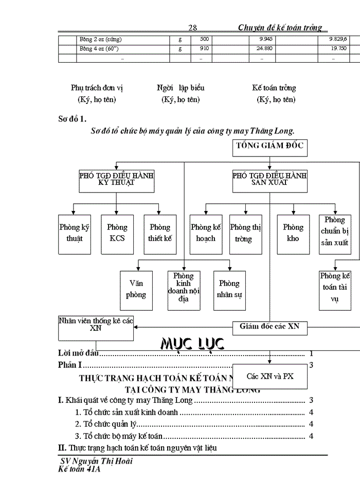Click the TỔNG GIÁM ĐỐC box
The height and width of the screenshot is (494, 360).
point(270,147)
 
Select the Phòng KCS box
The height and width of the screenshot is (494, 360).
point(117,233)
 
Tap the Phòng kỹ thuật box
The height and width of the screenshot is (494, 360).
point(74,233)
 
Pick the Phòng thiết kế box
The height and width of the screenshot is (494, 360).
point(159,233)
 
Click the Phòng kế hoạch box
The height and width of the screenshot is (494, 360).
point(206,233)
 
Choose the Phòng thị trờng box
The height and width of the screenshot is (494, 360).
point(247,233)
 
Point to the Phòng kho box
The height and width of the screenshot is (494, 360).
point(293,233)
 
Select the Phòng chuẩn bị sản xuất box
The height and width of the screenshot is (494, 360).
point(335,233)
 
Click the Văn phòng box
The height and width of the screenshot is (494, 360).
point(137,289)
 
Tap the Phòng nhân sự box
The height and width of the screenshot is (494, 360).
point(229,289)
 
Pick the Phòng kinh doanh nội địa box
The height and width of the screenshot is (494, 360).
point(184,289)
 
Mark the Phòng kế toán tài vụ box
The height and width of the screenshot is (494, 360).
point(335,290)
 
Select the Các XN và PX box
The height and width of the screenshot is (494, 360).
point(270,376)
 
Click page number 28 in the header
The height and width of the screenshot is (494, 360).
point(193,28)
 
